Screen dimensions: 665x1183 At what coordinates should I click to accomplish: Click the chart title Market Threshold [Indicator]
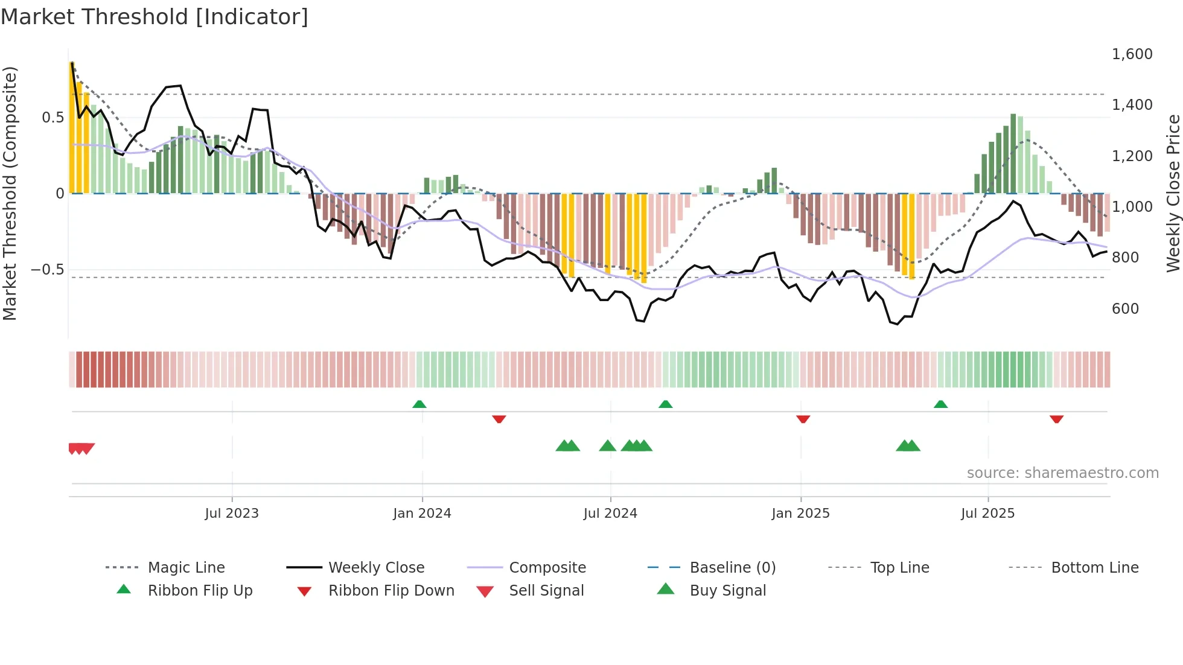point(155,17)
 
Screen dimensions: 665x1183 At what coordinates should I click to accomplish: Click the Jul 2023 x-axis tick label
point(232,514)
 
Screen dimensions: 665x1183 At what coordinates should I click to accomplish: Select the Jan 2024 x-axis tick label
point(422,514)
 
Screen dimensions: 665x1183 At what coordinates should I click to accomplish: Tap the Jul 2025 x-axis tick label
point(987,514)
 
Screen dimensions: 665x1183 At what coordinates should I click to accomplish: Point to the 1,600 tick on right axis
point(1132,54)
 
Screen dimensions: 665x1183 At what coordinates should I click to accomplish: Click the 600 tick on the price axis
point(1125,309)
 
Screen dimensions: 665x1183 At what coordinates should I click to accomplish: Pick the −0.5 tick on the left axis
point(48,270)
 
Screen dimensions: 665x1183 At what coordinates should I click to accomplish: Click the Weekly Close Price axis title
point(1173,193)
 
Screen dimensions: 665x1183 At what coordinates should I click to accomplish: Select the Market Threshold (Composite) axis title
point(10,193)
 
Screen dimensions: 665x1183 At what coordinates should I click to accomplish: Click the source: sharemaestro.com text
point(1062,473)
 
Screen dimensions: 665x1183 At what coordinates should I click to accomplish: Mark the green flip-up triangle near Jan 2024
point(419,404)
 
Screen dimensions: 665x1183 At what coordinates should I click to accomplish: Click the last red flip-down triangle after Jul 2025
point(1056,419)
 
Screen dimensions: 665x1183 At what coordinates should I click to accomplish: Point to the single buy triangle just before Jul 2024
point(608,447)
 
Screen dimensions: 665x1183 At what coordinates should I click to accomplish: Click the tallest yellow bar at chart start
point(72,127)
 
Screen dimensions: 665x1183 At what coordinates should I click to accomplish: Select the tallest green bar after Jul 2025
point(1013,153)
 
